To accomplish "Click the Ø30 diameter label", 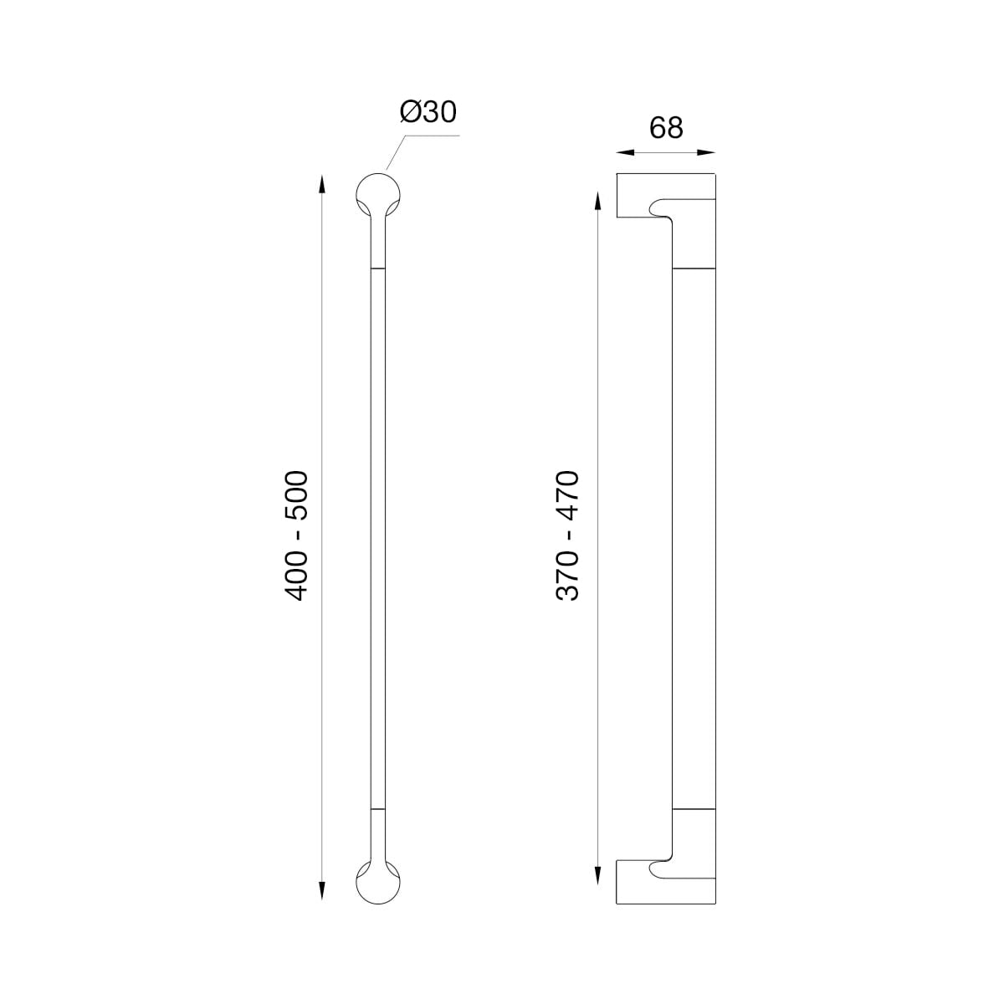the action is coord(428,111).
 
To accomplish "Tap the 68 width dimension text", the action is coord(666,127).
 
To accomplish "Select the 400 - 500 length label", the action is coord(296,535).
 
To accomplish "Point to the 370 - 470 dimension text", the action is coord(567,535).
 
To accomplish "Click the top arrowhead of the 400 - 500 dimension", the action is coord(322,184).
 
